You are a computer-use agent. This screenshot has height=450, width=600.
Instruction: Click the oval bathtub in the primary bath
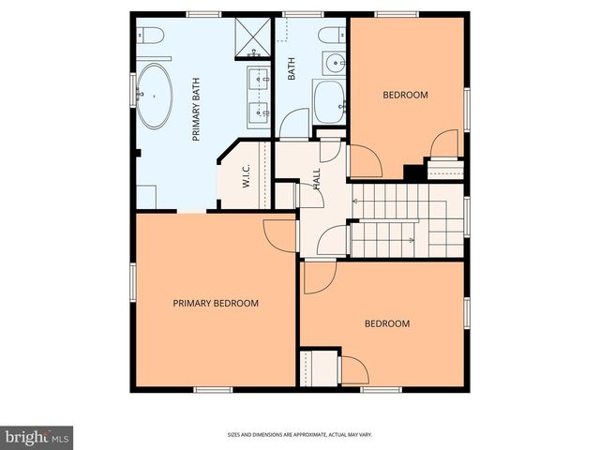(x=156, y=96)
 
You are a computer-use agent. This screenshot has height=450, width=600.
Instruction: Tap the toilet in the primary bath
(x=153, y=36)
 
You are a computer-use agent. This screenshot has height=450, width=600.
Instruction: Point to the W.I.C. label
(x=245, y=179)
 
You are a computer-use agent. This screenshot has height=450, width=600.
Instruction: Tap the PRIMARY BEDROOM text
(x=216, y=303)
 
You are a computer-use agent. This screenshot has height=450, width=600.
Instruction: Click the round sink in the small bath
(x=335, y=65)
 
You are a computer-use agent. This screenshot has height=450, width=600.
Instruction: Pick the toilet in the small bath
(x=330, y=36)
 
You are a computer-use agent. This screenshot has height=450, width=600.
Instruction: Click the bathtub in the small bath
(x=329, y=101)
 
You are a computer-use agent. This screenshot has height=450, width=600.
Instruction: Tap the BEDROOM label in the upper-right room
(x=405, y=95)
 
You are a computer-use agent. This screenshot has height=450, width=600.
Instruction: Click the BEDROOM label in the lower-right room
(x=387, y=323)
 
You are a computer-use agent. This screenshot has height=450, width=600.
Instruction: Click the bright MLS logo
(x=37, y=437)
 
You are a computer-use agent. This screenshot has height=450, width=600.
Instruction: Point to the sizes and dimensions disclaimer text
(x=299, y=434)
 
